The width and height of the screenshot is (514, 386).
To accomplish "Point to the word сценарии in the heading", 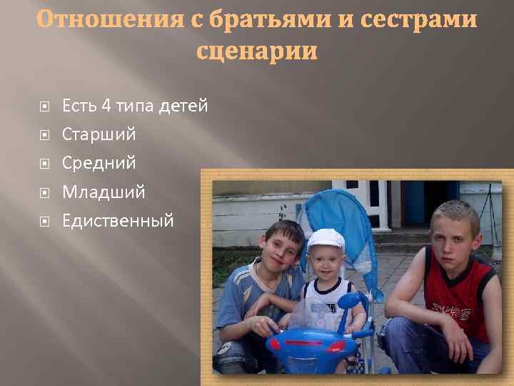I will [x=256, y=51].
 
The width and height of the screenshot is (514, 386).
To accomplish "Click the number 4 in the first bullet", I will [x=106, y=107].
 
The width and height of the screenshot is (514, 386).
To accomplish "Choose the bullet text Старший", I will [x=99, y=134].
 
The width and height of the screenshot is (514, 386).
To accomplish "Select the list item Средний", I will [x=99, y=163].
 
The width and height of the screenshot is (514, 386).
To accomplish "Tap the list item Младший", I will [x=104, y=192].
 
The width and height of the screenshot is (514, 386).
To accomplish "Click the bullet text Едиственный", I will [x=118, y=220].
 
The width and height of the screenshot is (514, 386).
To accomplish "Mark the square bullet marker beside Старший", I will [x=44, y=134].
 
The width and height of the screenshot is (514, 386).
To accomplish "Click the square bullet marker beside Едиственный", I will [x=44, y=220].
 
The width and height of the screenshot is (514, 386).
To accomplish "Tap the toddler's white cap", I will [x=326, y=239].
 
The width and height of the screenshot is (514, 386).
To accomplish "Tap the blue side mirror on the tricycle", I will [x=353, y=300].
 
